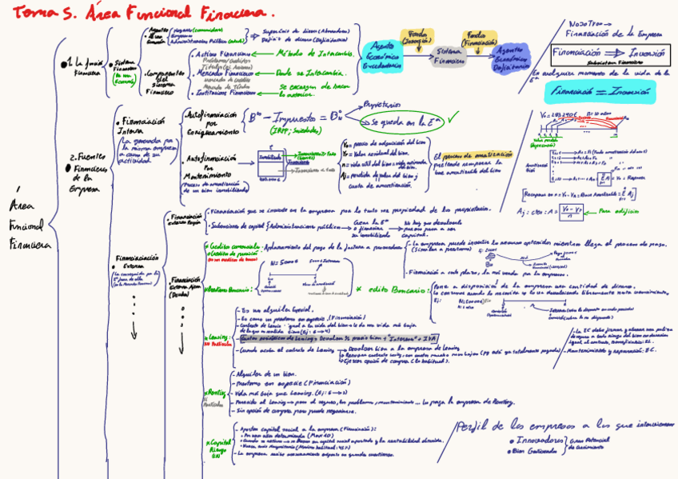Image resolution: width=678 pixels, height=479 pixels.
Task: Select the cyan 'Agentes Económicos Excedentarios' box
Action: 383,57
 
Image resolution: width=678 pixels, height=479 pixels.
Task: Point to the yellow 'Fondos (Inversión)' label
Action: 416,37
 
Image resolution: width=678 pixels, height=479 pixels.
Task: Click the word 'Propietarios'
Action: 381,104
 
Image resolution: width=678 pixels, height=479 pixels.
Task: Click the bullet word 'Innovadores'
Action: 538,440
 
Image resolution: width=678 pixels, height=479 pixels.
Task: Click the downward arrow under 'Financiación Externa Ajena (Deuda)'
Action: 134,328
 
